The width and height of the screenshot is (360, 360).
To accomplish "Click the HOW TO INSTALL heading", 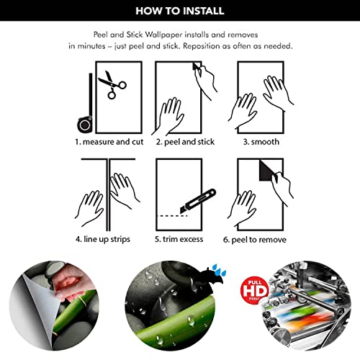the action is [x=180, y=11].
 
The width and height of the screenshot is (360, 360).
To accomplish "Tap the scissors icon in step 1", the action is [x=111, y=84].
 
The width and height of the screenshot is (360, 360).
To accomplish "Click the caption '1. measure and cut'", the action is [x=109, y=142].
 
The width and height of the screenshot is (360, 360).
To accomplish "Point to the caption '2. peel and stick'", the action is [x=185, y=142].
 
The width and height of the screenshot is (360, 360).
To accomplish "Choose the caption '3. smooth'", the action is [x=261, y=142].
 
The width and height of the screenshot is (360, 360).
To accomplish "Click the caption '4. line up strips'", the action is [x=103, y=239].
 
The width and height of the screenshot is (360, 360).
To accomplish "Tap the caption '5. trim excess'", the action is [x=179, y=239].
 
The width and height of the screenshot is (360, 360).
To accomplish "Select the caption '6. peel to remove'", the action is [x=255, y=240].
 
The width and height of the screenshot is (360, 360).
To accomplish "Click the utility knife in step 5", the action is [x=198, y=201].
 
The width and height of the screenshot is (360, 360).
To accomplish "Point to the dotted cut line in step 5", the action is [x=172, y=216].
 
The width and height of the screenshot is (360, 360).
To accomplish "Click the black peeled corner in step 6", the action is [x=267, y=171].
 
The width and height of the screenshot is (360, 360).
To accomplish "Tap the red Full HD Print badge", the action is [x=254, y=291].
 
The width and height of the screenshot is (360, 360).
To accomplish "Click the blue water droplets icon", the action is [x=219, y=270].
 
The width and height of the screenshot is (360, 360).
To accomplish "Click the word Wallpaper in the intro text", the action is [x=164, y=35].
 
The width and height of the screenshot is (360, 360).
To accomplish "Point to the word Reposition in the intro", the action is [x=202, y=46].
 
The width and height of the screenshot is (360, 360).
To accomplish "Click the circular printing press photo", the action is [x=307, y=305].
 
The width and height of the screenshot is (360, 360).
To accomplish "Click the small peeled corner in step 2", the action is [x=196, y=66].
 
